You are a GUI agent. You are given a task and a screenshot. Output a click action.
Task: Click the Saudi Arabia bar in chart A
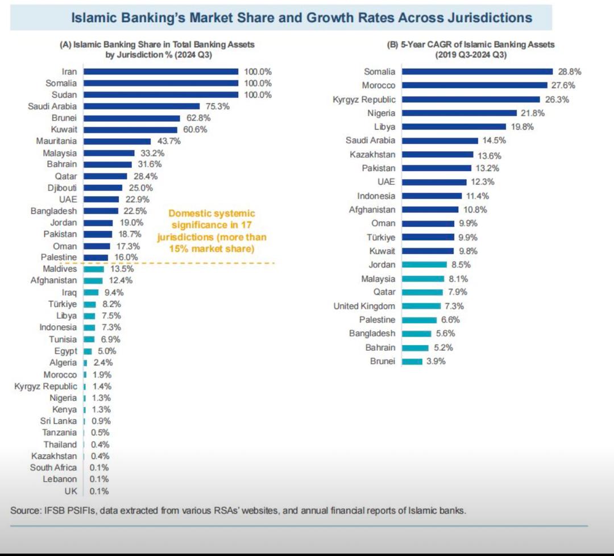[x=142, y=106]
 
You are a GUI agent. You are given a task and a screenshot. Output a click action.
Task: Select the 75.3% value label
[x=217, y=106]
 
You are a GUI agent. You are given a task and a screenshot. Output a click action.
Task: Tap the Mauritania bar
[x=117, y=141]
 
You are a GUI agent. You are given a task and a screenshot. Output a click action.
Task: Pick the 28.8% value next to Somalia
[x=569, y=72]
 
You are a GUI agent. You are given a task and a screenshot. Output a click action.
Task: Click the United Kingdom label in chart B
[x=364, y=306]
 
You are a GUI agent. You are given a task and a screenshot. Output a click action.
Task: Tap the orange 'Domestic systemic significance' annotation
[x=211, y=231]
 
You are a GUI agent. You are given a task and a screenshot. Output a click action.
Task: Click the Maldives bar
[x=94, y=269]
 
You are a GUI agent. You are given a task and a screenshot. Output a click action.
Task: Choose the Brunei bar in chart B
[x=412, y=362]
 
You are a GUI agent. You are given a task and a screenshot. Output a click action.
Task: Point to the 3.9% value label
[x=435, y=362]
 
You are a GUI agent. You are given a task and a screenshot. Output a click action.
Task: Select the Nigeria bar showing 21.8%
[x=459, y=113]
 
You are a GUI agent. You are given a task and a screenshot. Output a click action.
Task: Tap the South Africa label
[x=53, y=467]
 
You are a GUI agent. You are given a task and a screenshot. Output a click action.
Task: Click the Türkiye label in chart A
[x=63, y=304]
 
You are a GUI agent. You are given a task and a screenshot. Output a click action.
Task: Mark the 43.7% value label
[x=168, y=141]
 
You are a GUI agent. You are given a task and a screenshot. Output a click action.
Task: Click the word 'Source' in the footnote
[x=24, y=510]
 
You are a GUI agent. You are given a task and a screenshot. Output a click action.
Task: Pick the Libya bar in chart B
[x=453, y=127]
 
